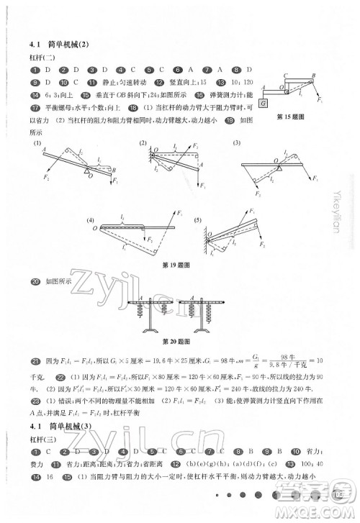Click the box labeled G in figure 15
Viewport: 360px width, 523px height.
coord(265,103)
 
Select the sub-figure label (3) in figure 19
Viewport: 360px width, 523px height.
coord(235,143)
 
